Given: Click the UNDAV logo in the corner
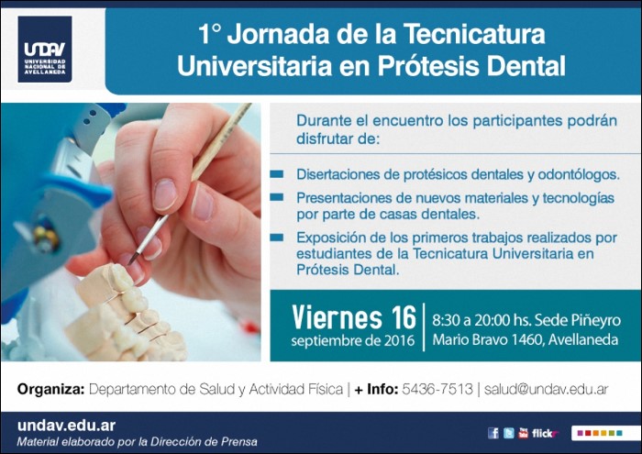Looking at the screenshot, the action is click(45, 50).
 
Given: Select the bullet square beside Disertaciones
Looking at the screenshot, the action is click(277, 174).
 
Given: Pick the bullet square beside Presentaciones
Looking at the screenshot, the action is click(277, 197).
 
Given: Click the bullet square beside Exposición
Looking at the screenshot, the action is click(277, 237).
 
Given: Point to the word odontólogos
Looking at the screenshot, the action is click(579, 174).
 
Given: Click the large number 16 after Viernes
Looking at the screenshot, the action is click(404, 317).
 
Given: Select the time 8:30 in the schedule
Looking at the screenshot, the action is click(446, 320).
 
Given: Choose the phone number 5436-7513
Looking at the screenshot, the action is click(437, 389).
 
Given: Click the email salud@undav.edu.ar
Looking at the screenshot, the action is click(546, 389).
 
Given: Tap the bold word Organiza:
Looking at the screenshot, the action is click(50, 389).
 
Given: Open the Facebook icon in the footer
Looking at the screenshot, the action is click(493, 433).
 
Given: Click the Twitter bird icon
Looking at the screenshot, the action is click(508, 433).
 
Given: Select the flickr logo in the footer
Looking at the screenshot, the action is click(545, 434).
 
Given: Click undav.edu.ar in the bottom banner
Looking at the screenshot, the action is click(66, 426).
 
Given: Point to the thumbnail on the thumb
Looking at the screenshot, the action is click(164, 194).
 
